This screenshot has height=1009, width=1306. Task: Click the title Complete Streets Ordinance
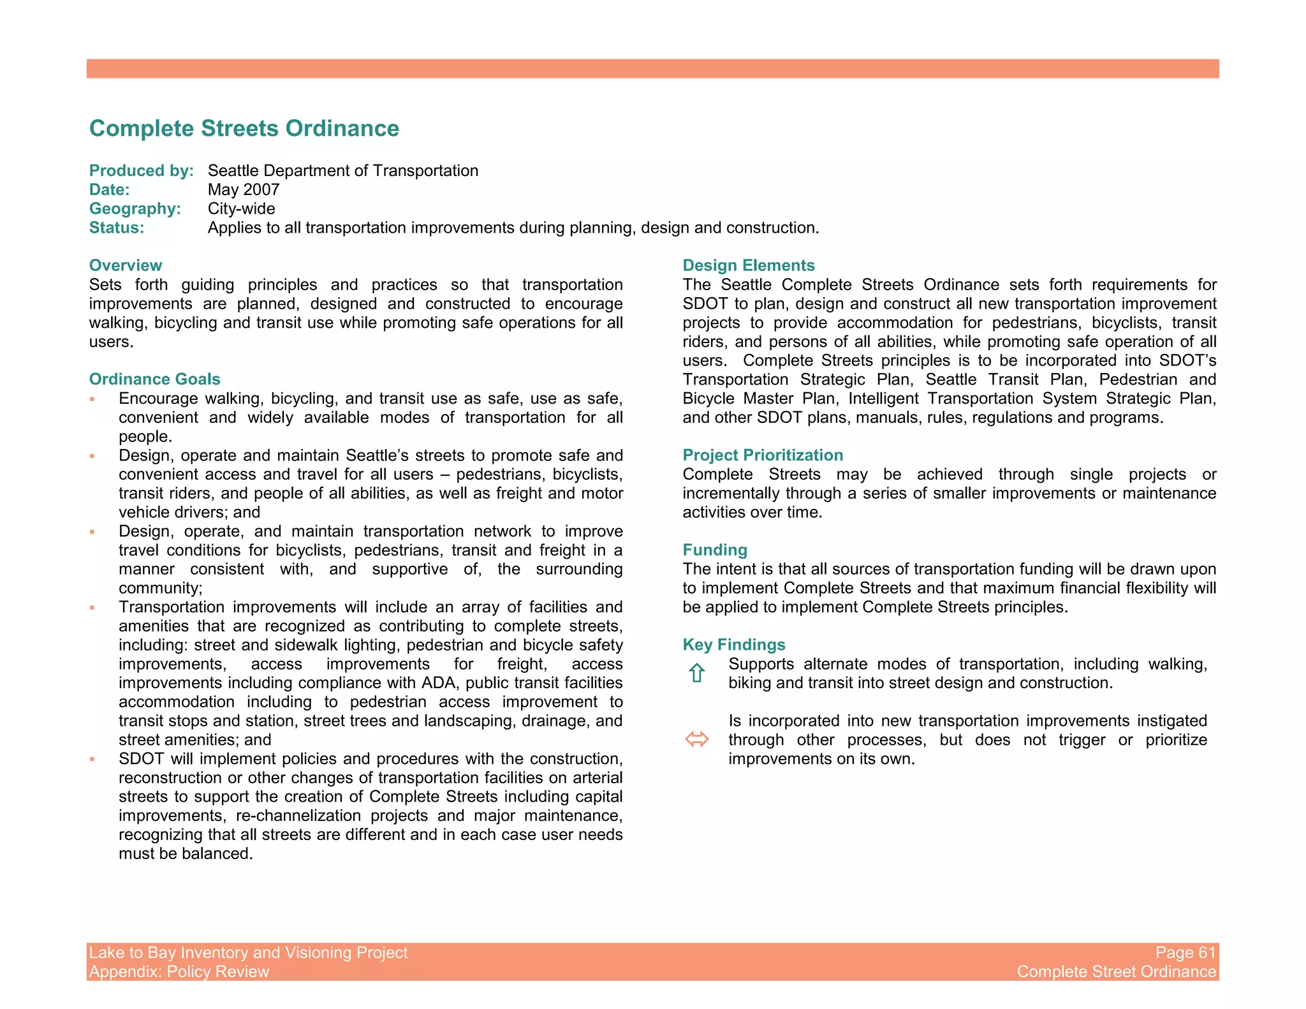[x=244, y=128]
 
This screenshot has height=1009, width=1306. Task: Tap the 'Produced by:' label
[x=141, y=170]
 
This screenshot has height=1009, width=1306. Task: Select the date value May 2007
[x=244, y=189]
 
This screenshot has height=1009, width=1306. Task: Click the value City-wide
[x=241, y=209]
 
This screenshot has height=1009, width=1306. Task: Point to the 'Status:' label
[x=117, y=228]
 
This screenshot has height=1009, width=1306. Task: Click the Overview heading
[x=126, y=265]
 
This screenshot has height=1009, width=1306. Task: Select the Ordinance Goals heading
[x=154, y=379]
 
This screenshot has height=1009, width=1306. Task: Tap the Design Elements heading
[x=748, y=265]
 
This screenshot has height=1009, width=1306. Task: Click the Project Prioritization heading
[x=762, y=455]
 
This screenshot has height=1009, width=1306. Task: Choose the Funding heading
[x=714, y=550]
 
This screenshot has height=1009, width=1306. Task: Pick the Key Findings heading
[x=733, y=644]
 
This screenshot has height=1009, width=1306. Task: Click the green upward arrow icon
[x=696, y=673]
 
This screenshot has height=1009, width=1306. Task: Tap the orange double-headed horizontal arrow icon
[x=696, y=739]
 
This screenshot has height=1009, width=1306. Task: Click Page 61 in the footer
[x=1185, y=952]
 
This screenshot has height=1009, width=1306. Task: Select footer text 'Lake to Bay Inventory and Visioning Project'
[x=248, y=952]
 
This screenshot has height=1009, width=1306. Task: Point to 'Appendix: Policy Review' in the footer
[x=179, y=971]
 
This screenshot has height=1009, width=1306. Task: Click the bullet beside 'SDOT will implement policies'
[x=92, y=759]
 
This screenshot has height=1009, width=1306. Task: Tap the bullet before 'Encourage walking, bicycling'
[x=92, y=399]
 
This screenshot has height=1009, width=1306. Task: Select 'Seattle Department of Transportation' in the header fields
[x=342, y=170]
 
